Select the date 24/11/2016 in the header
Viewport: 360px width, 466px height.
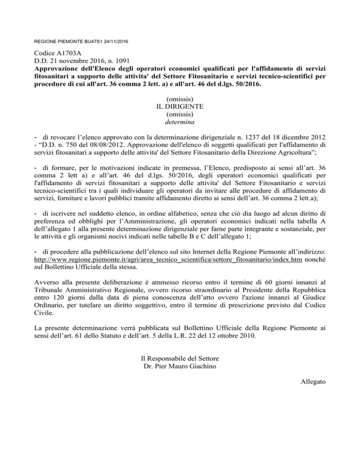[115, 42]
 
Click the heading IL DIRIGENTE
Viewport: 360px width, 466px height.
[180, 106]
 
